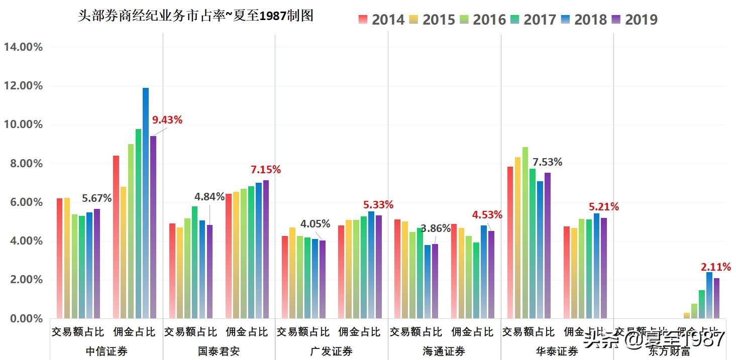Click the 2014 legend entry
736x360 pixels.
[x=382, y=20]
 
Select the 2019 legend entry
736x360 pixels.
[x=634, y=20]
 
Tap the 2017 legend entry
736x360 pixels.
[x=533, y=20]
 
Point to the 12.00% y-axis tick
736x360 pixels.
[x=23, y=86]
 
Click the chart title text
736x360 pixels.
[x=196, y=16]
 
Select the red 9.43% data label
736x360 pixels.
[x=167, y=120]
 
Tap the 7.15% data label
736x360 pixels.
[x=266, y=170]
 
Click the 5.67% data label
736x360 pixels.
[x=96, y=198]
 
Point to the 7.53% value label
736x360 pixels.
[x=547, y=162]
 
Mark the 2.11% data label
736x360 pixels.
[x=716, y=267]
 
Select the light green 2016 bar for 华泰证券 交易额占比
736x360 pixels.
[x=525, y=231]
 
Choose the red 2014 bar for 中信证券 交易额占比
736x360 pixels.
[x=60, y=256]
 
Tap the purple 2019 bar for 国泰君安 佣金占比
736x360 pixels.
[x=266, y=249]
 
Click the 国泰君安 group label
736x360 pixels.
[x=219, y=351]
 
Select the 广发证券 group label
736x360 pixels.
[x=332, y=351]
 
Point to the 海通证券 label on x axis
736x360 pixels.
[x=444, y=351]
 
